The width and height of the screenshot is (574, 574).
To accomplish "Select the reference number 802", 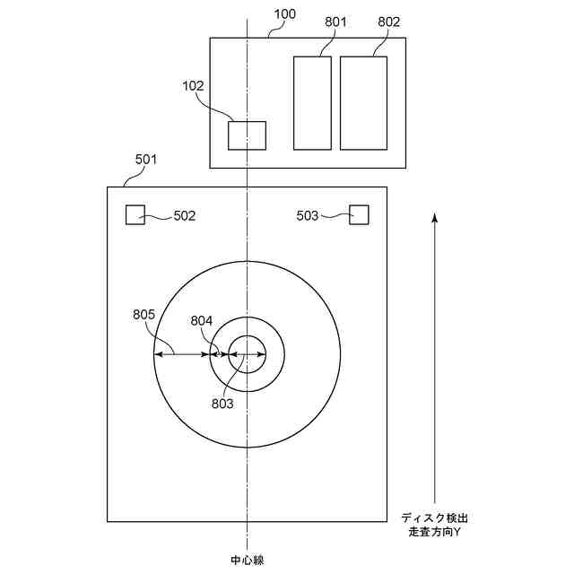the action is [389, 21].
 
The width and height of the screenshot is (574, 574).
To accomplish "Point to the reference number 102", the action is [193, 87].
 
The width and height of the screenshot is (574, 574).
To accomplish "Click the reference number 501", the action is [146, 160].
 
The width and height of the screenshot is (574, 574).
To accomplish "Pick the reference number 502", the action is [184, 216].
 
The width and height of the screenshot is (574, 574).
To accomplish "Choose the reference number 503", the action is [308, 216].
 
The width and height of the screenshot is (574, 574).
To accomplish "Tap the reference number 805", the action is [143, 315].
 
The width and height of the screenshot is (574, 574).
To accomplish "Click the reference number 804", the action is [202, 321].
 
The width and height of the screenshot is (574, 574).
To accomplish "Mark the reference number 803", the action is [222, 404].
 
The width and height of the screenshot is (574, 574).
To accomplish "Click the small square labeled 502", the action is [135, 214].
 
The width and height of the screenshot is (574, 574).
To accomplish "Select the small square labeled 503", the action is [359, 214].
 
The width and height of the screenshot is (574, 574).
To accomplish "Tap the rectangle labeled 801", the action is [312, 102].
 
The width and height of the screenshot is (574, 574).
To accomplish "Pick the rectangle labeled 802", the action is [363, 102].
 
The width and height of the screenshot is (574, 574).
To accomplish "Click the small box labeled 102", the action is [247, 135].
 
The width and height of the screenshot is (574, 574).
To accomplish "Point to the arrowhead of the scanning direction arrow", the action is [434, 217].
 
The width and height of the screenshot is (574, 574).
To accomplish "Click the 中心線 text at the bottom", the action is [248, 561].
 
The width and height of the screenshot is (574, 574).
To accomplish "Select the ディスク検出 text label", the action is [434, 518].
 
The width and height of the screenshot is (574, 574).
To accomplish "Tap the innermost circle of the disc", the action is [247, 354].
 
